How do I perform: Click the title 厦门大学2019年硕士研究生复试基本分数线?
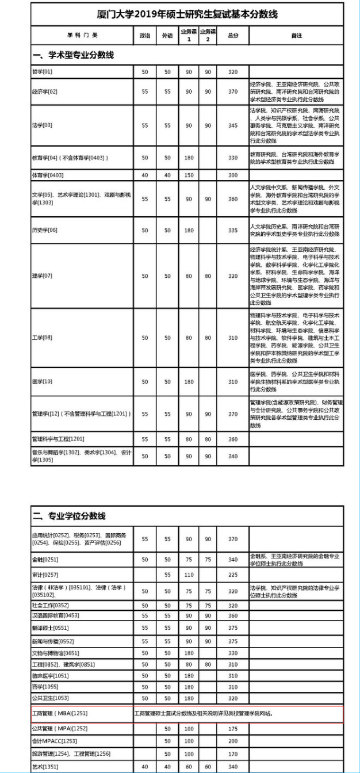[x=187, y=14]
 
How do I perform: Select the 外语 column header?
[x=167, y=36]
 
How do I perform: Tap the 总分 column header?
[x=232, y=36]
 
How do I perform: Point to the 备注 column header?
[x=296, y=36]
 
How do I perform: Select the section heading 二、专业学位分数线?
[x=69, y=516]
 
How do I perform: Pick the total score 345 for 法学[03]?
[x=232, y=125]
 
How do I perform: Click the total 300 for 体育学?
[x=232, y=175]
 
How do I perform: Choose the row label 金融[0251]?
[x=45, y=560]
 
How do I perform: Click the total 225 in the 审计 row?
[x=232, y=575]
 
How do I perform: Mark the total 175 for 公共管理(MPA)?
[x=232, y=729]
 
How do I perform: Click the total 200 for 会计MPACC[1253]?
[x=232, y=741]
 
